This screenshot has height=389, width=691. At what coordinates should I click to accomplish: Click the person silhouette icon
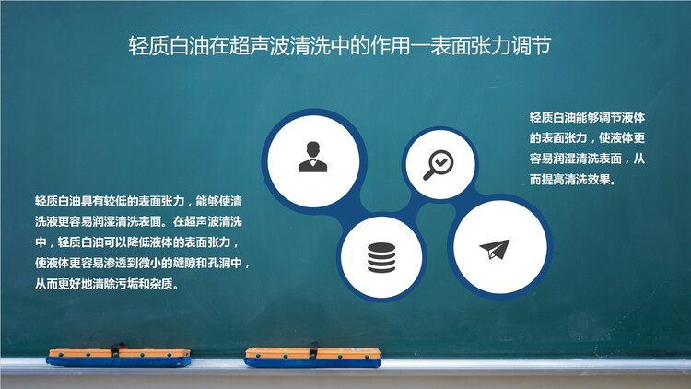313,157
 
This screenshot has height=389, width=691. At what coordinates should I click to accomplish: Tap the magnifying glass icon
439,165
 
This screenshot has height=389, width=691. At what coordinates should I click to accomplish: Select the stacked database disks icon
381,258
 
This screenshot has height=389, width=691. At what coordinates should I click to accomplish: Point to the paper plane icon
495,249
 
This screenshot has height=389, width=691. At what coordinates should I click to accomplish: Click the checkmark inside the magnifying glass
440,162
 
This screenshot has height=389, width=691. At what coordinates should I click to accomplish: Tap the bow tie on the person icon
313,160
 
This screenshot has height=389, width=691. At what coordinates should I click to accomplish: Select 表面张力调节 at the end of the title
491,46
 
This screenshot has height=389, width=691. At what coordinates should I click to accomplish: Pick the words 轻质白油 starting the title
169,46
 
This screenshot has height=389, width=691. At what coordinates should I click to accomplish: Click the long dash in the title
420,46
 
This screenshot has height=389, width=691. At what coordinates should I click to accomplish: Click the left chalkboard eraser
119,357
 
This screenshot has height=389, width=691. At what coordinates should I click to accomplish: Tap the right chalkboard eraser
312,357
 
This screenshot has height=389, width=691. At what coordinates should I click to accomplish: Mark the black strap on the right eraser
313,350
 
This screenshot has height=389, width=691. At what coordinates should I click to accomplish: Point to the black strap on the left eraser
116,349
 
